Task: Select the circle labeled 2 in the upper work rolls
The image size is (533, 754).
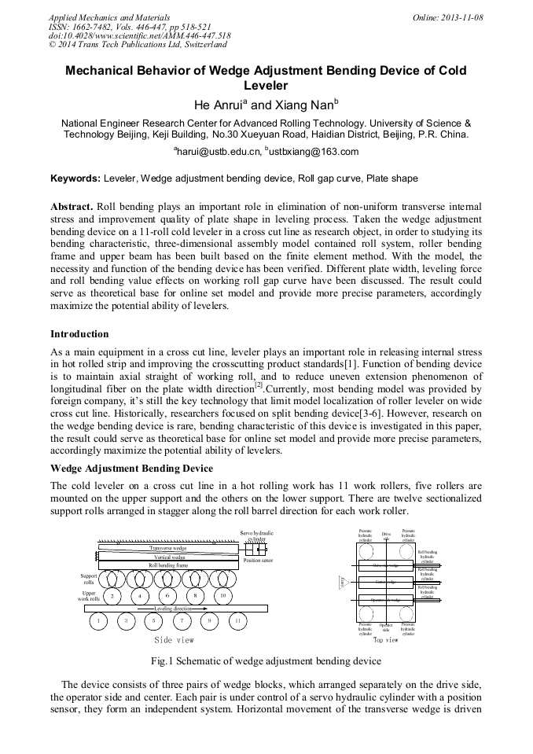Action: [112, 596]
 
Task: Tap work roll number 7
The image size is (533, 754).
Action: [182, 621]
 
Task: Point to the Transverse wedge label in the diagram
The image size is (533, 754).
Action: [168, 548]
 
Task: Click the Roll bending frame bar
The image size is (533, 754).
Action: [168, 565]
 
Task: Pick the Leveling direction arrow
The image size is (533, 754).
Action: [173, 609]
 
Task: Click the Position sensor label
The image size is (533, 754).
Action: [257, 561]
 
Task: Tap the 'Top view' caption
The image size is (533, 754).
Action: [385, 640]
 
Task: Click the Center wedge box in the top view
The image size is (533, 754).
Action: [386, 583]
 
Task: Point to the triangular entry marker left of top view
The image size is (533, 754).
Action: [343, 583]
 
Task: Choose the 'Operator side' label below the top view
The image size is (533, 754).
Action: [386, 627]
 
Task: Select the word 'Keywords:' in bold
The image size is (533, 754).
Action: [75, 179]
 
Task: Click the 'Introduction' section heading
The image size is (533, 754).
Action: [79, 334]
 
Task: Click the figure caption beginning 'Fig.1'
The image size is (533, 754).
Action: [266, 661]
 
